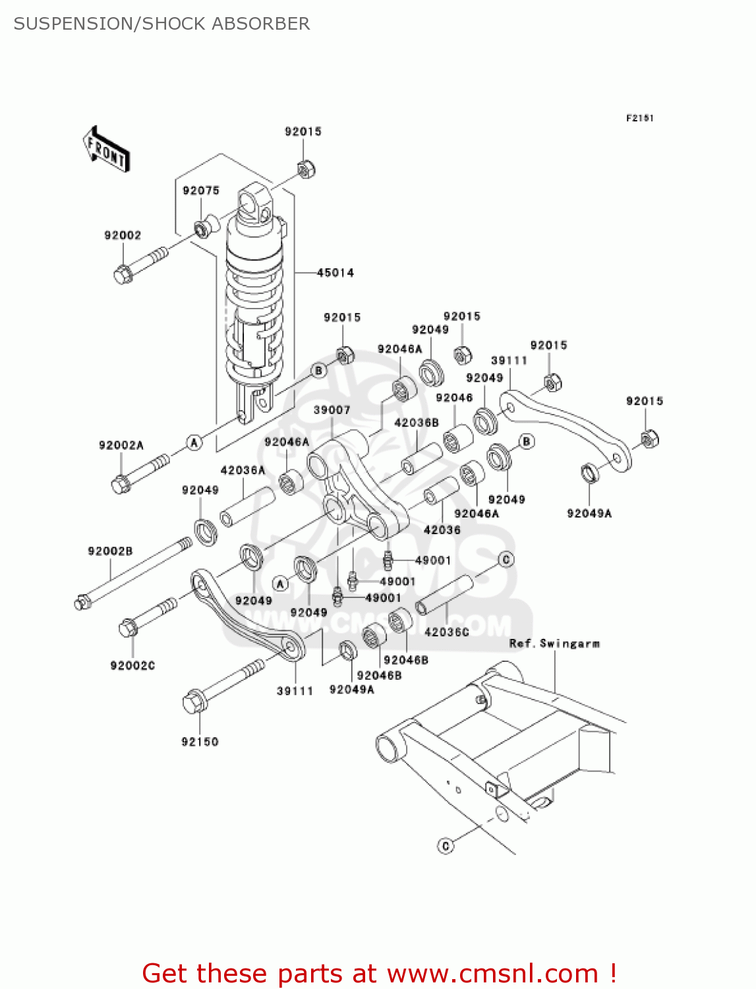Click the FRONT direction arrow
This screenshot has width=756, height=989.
tap(106, 149)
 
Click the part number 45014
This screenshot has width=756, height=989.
tap(335, 272)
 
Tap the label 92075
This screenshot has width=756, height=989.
tap(201, 191)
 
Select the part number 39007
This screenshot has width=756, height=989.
tap(332, 410)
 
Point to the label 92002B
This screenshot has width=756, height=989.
tap(110, 551)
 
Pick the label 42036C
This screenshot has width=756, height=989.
tap(447, 632)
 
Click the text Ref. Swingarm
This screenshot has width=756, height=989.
tap(554, 644)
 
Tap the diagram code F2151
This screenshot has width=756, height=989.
tap(640, 118)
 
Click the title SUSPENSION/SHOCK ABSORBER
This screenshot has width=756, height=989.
tap(161, 24)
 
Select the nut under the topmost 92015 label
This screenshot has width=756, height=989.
tap(306, 169)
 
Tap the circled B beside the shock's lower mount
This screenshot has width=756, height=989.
tap(319, 371)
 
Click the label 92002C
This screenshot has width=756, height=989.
tap(133, 665)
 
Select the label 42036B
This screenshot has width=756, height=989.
tap(417, 423)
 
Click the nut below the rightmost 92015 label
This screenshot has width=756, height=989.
tap(649, 438)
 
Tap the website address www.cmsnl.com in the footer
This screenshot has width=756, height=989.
tap(492, 974)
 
